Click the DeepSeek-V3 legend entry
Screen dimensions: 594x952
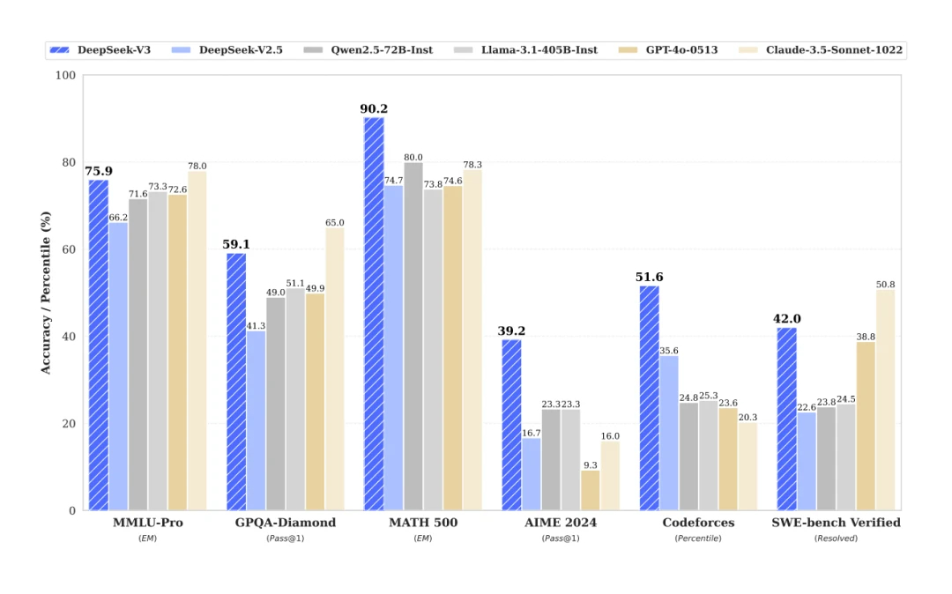[x=101, y=50]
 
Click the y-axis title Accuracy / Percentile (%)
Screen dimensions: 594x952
[x=45, y=292]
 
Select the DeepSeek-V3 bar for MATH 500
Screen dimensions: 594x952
[x=374, y=313]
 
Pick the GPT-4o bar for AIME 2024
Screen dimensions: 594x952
[x=590, y=490]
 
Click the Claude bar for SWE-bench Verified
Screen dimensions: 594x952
[x=885, y=400]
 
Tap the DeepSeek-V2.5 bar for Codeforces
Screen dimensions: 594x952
[x=669, y=433]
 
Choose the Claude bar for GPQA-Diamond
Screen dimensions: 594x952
[x=334, y=369]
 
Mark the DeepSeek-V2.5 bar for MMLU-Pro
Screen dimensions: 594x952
[x=118, y=366]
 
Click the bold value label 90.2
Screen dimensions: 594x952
[x=374, y=109]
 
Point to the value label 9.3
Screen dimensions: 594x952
[x=590, y=464]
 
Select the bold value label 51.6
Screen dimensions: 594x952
[x=649, y=278]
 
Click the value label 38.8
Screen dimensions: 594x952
[x=866, y=336]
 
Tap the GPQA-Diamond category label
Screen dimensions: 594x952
[x=285, y=523]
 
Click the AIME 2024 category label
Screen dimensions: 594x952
[x=560, y=523]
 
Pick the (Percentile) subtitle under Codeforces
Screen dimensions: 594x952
[x=698, y=538]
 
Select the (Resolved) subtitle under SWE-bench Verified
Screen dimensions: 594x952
[x=836, y=538]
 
